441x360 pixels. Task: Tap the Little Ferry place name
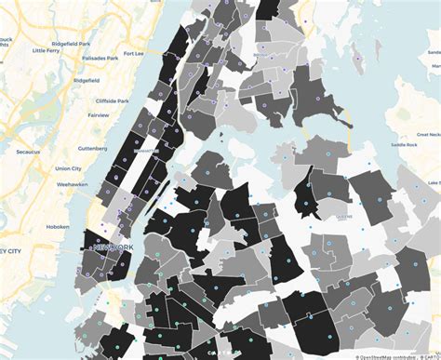(46, 50)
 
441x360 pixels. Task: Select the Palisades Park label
(100, 58)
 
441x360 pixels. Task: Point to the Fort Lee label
(136, 53)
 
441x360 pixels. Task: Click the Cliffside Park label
(112, 100)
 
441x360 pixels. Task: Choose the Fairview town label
(98, 114)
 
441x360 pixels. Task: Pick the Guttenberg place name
(93, 147)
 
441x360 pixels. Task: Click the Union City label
(68, 168)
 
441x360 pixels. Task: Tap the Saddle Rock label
(404, 145)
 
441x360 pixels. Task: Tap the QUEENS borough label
(343, 215)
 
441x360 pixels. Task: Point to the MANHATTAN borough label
(146, 149)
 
